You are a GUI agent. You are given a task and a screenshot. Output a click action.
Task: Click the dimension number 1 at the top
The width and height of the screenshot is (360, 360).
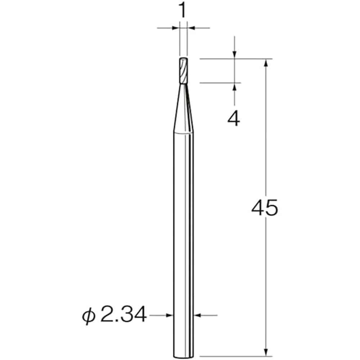(x=183, y=11)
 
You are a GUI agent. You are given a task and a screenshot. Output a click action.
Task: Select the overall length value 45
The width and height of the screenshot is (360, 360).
(x=265, y=208)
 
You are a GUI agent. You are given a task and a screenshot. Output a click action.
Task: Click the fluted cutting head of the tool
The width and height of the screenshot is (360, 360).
(x=183, y=71)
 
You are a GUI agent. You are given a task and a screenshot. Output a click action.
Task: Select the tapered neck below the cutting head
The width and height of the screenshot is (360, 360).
(x=183, y=108)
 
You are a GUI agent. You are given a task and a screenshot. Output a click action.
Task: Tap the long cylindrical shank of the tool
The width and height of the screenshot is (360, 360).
(x=183, y=234)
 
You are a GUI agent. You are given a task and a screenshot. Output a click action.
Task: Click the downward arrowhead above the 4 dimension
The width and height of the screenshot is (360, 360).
(x=234, y=54)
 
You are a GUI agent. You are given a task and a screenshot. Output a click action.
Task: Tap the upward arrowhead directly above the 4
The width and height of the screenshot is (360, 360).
(x=234, y=87)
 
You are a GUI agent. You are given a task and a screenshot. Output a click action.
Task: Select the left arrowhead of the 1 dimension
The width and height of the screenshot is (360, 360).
(x=176, y=27)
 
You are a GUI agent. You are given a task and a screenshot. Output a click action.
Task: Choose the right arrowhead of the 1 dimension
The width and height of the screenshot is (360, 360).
(x=190, y=27)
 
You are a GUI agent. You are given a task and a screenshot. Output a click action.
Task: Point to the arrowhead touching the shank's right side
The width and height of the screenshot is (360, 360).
(x=198, y=315)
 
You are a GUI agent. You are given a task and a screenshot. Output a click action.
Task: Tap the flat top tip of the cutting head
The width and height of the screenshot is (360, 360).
(x=183, y=59)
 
